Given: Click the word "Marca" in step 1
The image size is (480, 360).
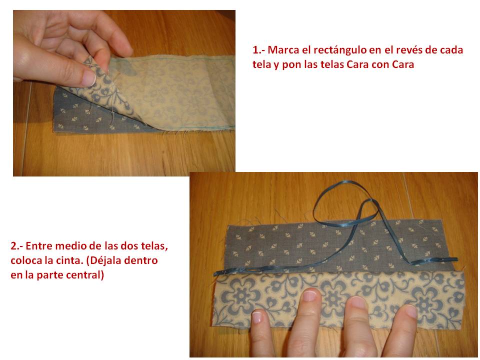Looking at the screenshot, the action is (x=281, y=50).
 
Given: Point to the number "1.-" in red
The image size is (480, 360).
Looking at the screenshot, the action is (x=259, y=50).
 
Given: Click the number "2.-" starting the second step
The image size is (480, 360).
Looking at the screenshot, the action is (x=17, y=246).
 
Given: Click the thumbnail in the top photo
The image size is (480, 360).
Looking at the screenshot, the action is (x=89, y=78).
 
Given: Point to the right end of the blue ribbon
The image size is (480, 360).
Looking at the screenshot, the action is (x=457, y=259).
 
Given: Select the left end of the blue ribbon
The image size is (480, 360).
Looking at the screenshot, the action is (x=215, y=273).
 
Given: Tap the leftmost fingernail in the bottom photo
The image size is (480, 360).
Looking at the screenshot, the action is (x=256, y=317).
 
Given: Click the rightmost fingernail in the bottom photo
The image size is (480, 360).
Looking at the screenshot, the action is (x=411, y=311).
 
